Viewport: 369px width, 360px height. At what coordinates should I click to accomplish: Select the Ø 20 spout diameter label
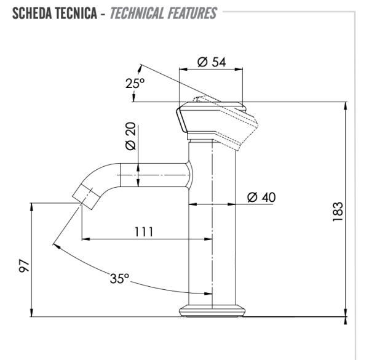click(130, 137)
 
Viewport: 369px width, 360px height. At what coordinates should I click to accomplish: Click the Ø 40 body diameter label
click(261, 197)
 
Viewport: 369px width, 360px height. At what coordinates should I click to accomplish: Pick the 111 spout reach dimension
click(145, 231)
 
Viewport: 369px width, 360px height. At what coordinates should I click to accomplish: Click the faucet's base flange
click(212, 311)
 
